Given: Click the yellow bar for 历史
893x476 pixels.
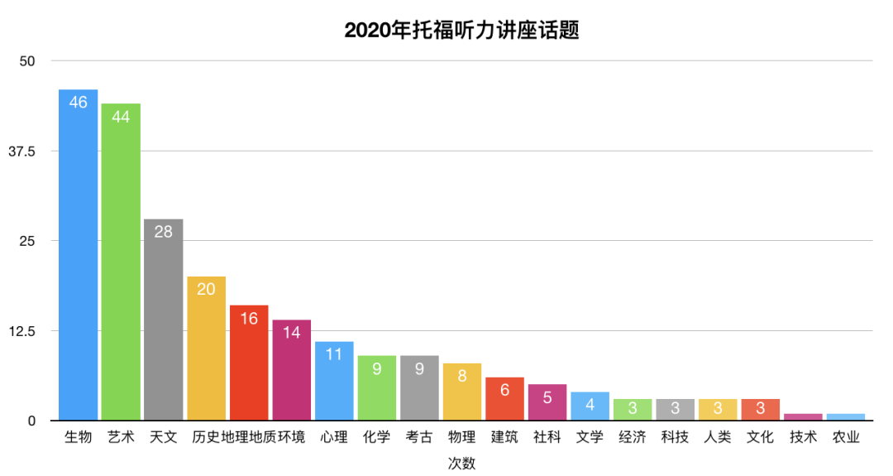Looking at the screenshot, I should coord(206,349).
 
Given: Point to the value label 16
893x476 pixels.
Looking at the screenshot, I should coord(249,318).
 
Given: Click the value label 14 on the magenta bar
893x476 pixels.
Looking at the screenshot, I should coord(292,333).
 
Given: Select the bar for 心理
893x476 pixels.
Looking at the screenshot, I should coord(334,381).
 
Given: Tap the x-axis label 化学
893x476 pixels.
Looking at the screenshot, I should coord(377,437).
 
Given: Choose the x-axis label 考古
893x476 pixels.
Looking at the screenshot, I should coord(420,437).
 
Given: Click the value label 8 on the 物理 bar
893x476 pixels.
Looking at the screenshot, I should coord(462,376).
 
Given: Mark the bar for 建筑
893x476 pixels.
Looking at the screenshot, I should coord(505,399).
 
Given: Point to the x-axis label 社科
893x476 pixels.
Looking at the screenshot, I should coord(547,437).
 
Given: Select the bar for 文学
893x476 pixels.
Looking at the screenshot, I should coord(590,406).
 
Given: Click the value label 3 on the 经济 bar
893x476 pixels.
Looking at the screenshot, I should coord(633,408).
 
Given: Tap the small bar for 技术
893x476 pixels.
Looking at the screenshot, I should coord(804,416).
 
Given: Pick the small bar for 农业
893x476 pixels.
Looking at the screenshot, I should coord(846,416).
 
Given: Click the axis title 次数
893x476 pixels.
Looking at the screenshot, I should coord(462,463).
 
